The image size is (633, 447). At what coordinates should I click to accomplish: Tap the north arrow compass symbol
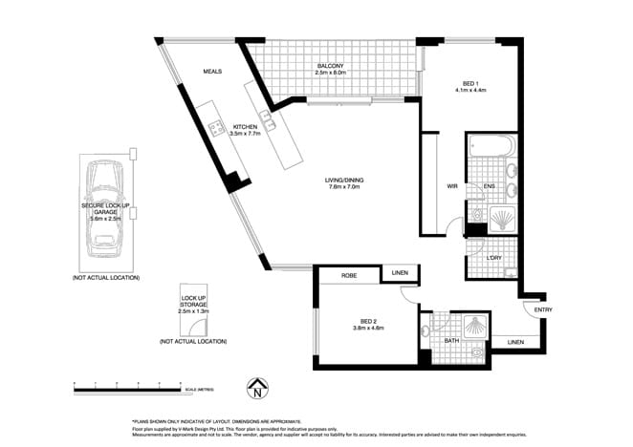tap(256, 390)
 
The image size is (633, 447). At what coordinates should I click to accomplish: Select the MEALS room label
tap(211, 72)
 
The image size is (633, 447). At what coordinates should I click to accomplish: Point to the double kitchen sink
tap(270, 122)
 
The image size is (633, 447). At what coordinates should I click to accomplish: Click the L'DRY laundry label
tap(494, 259)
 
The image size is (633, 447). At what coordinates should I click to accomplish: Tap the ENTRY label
tap(543, 309)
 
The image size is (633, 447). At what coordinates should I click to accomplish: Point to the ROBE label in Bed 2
tap(350, 275)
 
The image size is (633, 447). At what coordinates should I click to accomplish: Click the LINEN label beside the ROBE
tap(400, 275)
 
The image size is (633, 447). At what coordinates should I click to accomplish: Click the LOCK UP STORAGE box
tap(193, 304)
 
